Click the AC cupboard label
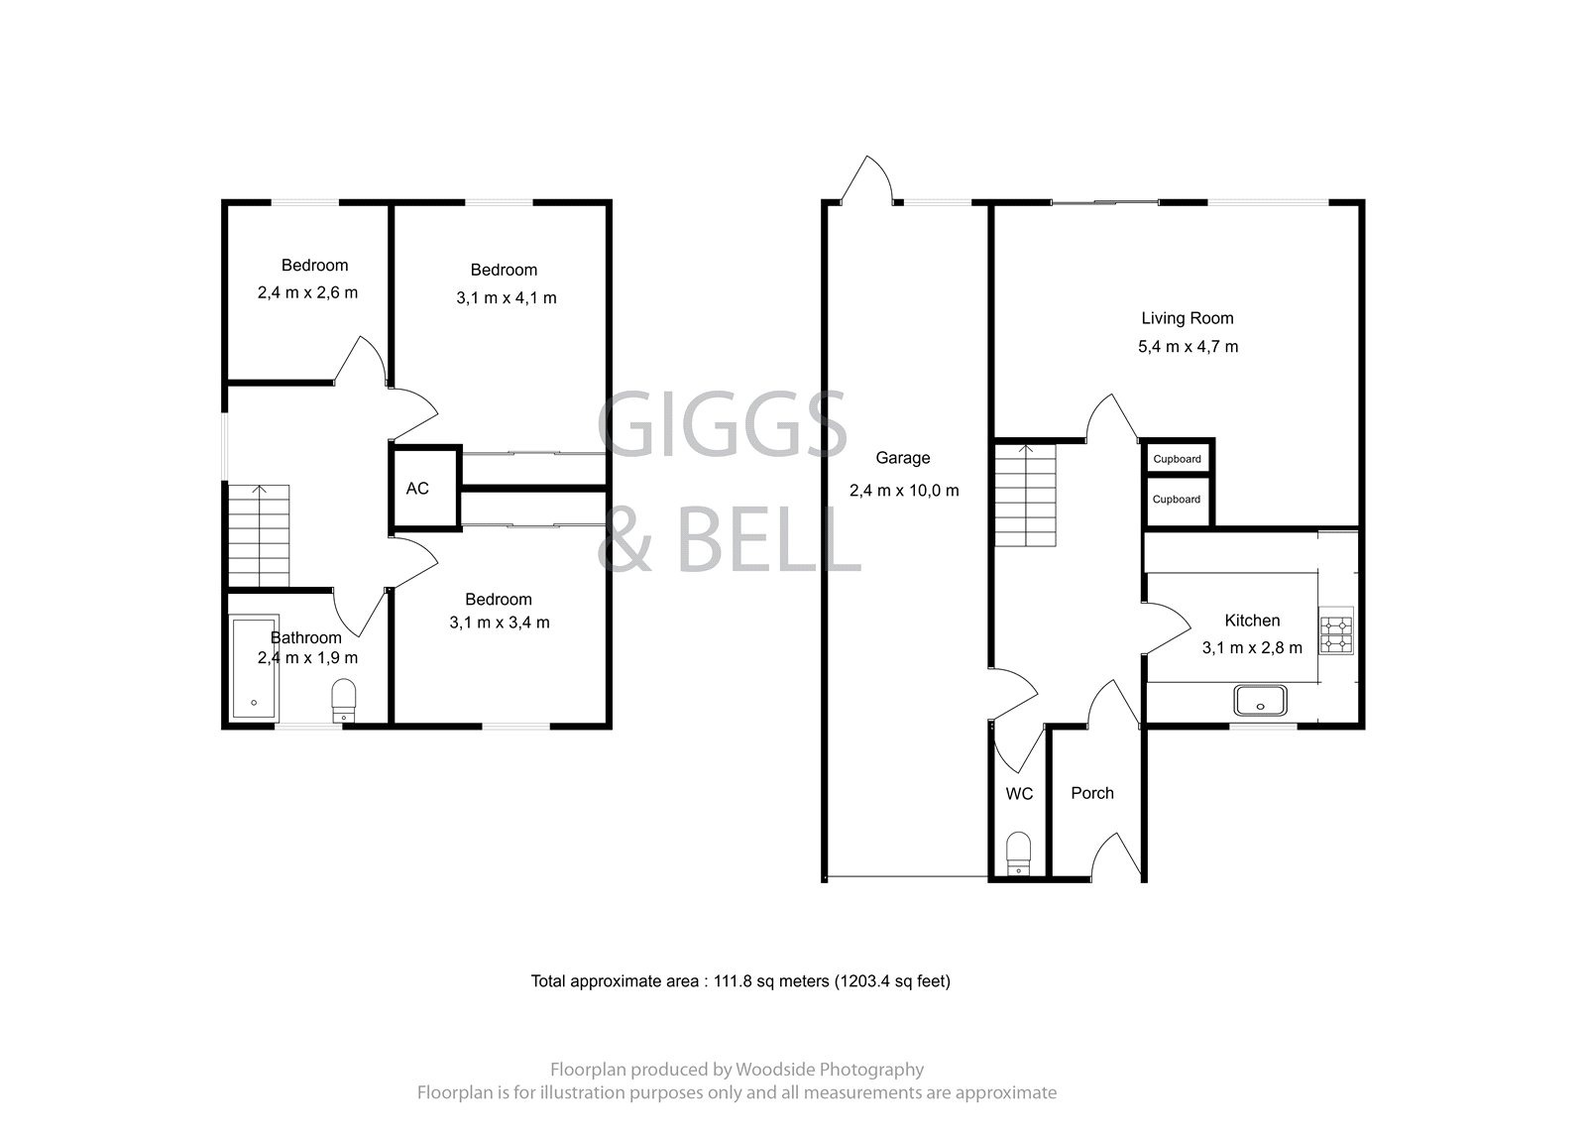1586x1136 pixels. (x=417, y=489)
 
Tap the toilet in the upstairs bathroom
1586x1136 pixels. (x=343, y=699)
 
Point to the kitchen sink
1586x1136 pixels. (x=1261, y=701)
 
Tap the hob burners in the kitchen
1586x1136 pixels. (x=1335, y=634)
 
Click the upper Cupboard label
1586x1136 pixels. (x=1177, y=459)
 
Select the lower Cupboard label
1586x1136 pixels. (x=1177, y=500)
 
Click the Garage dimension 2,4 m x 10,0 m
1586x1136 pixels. (x=904, y=491)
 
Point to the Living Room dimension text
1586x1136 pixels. (x=1188, y=347)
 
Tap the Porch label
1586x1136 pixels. (x=1092, y=793)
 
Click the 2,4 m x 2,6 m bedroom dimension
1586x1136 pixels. (x=307, y=292)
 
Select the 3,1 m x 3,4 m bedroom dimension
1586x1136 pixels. (x=499, y=623)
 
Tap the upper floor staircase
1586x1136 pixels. (x=260, y=535)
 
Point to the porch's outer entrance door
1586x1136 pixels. (x=1115, y=854)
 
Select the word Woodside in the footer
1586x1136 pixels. (x=769, y=1070)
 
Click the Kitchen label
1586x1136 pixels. (x=1252, y=621)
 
